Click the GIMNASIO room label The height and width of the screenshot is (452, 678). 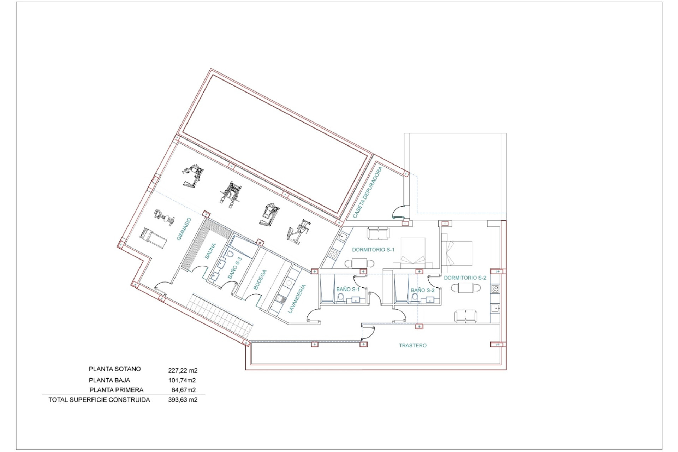[184, 229]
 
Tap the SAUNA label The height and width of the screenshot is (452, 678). [210, 251]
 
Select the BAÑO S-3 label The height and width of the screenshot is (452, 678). [235, 268]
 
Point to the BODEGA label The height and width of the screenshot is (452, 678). [260, 280]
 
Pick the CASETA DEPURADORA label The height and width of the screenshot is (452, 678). [368, 192]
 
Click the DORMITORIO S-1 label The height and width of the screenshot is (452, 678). [373, 250]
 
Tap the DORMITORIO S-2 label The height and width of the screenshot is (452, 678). [465, 278]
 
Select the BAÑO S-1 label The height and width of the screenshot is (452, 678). [348, 289]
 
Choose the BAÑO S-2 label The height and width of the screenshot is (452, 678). [422, 290]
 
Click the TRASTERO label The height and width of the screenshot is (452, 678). [412, 345]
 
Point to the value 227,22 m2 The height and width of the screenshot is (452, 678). [183, 370]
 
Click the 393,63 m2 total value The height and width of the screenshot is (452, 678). [183, 400]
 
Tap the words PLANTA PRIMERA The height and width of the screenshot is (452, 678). [116, 390]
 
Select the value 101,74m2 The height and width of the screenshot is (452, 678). [182, 380]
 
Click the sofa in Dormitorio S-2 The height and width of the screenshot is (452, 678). [465, 316]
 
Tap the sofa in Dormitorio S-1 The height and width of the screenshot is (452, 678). [378, 233]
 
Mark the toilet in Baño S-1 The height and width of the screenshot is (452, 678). [341, 299]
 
